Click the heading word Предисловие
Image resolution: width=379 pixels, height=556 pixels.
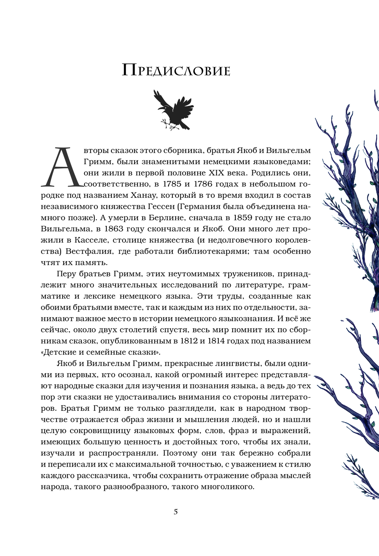pos(176,70)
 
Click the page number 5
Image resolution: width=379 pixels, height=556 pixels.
pos(175,512)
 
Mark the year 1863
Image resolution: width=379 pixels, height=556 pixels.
pos(105,229)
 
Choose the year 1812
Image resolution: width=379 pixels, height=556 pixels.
pos(185,341)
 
